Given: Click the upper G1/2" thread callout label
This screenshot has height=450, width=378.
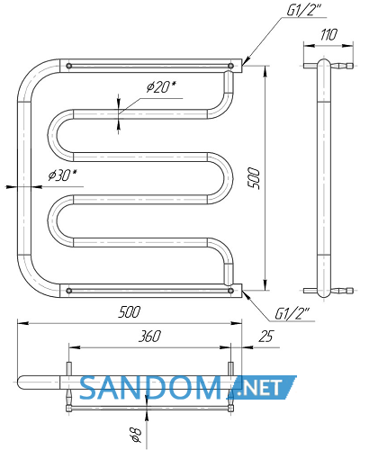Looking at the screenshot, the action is point(303,10).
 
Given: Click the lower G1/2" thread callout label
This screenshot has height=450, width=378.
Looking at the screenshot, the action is point(292,314).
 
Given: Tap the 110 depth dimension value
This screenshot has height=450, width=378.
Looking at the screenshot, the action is point(328,35).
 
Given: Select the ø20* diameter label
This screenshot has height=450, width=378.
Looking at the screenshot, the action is point(161,87).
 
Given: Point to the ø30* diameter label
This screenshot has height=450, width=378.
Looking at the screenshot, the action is point(62,175).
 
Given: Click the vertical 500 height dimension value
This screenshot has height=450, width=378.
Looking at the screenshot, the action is point(254,178).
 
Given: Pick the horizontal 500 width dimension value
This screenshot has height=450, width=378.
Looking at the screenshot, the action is point(129,312).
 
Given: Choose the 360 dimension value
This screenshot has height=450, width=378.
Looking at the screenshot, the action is point(149,336).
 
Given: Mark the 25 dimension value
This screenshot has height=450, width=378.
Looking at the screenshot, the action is point(266,337).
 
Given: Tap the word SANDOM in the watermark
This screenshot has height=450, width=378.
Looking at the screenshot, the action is point(151,388).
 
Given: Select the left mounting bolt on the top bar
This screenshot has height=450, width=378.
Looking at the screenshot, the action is point(69,66).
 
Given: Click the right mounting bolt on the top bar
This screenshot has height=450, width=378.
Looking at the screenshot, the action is point(230,66).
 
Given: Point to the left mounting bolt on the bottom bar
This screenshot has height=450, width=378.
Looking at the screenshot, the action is point(69,291).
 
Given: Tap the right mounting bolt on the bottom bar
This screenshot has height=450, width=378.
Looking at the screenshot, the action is point(230,291).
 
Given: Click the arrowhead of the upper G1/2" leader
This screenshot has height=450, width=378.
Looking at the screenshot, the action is point(245,62).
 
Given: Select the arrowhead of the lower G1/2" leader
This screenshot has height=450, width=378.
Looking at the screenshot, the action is point(245,293).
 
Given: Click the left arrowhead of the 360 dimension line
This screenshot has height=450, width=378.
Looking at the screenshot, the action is point(75,347).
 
